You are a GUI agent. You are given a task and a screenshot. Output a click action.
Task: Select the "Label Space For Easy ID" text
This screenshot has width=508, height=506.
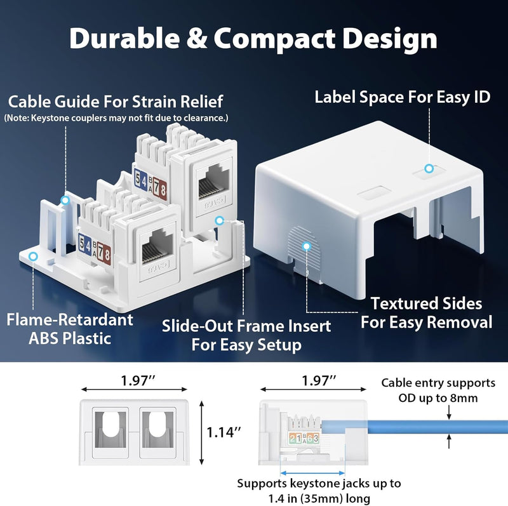click(403, 97)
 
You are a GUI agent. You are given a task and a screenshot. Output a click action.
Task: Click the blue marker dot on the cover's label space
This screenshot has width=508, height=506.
click(429, 168)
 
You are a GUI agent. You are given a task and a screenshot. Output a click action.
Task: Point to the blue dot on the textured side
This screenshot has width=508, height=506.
click(307, 245)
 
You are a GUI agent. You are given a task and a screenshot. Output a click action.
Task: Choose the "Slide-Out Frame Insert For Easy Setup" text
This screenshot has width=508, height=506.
click(246, 335)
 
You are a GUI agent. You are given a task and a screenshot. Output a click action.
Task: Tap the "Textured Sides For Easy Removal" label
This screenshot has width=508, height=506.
click(427, 312)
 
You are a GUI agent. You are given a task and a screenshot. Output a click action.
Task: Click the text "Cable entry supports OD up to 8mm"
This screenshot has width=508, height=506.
click(438, 390)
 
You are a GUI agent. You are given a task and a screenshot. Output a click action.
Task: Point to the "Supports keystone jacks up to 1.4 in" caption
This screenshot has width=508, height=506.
click(319, 491)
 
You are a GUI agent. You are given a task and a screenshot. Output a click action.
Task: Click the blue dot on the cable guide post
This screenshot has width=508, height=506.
click(64, 200)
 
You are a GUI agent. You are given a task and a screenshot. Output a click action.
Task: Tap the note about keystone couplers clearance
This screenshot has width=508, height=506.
click(116, 118)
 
